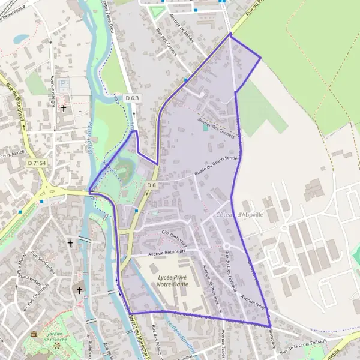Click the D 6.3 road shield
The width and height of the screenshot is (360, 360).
(132, 98)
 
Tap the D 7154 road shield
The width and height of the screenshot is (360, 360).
(37, 163)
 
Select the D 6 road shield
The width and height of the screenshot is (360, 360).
(151, 185)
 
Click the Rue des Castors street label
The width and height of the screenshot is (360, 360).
(166, 42)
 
